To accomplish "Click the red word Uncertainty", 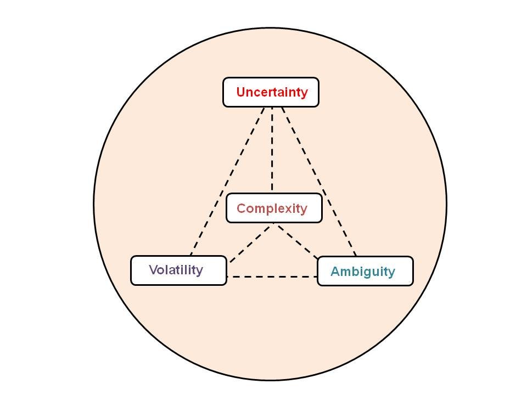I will [272, 92].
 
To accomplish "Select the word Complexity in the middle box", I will [272, 208].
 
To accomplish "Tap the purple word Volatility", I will [176, 270].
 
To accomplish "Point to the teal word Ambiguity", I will [362, 272].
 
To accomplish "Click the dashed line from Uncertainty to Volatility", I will [227, 181].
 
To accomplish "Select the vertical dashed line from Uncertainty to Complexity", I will [272, 148].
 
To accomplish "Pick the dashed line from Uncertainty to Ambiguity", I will [318, 181].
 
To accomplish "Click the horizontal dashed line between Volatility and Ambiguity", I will [272, 276].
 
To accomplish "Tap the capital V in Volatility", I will [153, 270].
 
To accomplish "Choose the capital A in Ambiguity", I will [335, 272].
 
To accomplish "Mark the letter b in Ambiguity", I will [355, 272].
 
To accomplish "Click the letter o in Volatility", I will [161, 270].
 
